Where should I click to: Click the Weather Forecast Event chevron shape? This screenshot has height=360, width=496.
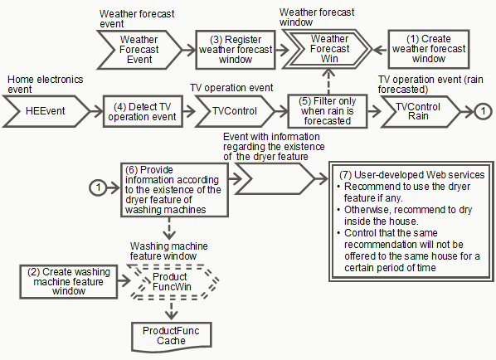(x=139, y=50)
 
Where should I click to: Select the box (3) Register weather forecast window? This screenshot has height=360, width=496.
(x=236, y=50)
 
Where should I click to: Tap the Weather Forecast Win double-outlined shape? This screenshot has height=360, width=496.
(x=327, y=49)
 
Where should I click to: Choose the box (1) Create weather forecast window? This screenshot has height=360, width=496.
(x=429, y=49)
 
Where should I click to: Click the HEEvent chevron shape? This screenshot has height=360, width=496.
(x=46, y=111)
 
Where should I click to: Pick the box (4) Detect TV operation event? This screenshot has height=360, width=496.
(x=143, y=111)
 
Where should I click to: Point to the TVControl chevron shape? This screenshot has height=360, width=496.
(x=235, y=111)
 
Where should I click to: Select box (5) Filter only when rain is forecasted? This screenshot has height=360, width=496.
(x=328, y=111)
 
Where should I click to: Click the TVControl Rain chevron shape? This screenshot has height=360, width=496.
(x=420, y=112)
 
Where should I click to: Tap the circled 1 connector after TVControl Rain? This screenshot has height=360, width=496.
(x=483, y=111)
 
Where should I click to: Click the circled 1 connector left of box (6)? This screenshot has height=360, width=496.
(x=99, y=187)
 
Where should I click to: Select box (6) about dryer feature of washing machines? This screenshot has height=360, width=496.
(x=174, y=190)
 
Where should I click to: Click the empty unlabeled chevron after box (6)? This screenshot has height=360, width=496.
(x=275, y=178)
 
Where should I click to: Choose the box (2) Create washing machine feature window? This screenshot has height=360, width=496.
(x=69, y=282)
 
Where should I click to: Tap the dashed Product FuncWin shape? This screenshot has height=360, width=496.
(x=174, y=282)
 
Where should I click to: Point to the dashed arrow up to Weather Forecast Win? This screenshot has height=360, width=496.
(x=329, y=81)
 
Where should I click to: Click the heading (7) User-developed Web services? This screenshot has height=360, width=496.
(x=412, y=175)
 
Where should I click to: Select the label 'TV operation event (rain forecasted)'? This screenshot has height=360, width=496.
(x=430, y=85)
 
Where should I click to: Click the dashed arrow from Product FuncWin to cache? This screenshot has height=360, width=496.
(x=171, y=310)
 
